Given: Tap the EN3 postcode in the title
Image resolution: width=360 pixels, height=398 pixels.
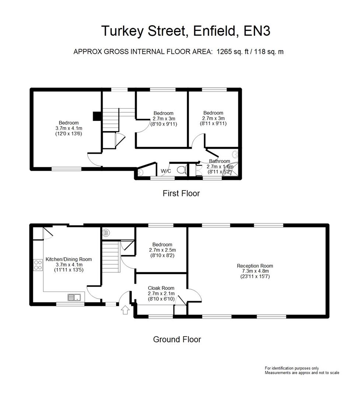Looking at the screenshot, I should tap(257, 31).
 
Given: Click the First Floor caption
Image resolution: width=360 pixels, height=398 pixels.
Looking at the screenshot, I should tap(181, 193).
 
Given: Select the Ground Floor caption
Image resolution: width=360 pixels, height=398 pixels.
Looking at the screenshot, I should tap(177, 339).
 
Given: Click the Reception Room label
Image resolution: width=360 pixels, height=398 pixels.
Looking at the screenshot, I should tap(255, 266).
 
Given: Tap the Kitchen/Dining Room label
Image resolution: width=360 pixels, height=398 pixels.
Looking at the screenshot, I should tap(69, 259).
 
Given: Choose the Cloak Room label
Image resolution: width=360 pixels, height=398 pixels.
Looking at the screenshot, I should tap(161, 288).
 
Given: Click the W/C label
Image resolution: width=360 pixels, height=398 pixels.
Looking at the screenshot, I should tap(165, 171).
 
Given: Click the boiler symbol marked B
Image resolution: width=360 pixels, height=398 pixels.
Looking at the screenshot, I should tap(106, 233).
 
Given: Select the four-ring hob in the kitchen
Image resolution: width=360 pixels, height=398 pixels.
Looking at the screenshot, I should tap(38, 265).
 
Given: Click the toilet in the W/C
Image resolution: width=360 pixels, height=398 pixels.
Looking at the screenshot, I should tap(181, 170).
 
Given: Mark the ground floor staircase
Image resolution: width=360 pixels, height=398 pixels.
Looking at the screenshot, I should tap(111, 256).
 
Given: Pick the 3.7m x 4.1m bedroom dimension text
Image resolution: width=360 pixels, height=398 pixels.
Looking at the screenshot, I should tap(69, 128).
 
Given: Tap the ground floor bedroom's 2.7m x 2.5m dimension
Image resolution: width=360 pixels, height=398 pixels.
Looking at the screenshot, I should tap(162, 250).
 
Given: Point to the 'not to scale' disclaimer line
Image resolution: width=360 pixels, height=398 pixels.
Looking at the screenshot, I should tap(302, 373).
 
